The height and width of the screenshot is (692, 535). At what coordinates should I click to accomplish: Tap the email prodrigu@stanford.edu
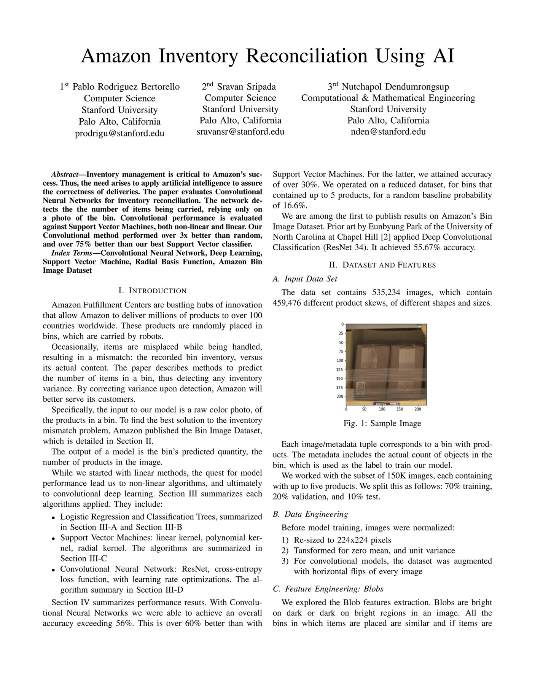click(x=119, y=133)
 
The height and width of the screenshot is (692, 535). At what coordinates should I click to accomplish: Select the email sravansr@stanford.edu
click(x=240, y=132)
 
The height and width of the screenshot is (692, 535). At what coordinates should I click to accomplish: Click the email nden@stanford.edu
click(x=388, y=132)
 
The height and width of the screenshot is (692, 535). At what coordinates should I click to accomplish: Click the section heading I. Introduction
click(x=152, y=291)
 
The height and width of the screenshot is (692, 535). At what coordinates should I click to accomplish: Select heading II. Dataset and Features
click(x=382, y=265)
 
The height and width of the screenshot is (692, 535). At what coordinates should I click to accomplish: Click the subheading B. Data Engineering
click(x=310, y=514)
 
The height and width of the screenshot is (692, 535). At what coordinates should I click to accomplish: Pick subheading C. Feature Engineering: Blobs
click(x=328, y=589)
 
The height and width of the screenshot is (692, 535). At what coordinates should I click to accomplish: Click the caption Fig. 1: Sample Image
click(x=382, y=423)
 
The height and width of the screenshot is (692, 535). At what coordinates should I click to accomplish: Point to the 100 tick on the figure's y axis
click(x=339, y=360)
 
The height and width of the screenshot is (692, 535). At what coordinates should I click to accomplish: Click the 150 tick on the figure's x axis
click(x=400, y=409)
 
